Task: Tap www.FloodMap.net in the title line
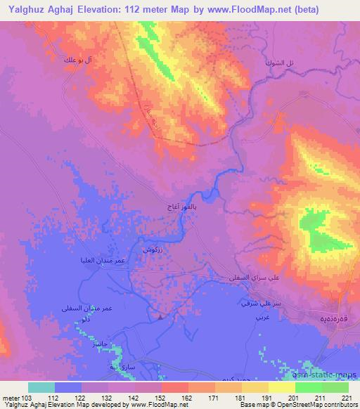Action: click(x=227, y=10)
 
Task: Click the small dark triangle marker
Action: click(x=161, y=316)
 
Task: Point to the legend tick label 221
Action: click(x=345, y=397)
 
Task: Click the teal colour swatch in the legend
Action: click(x=41, y=387)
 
